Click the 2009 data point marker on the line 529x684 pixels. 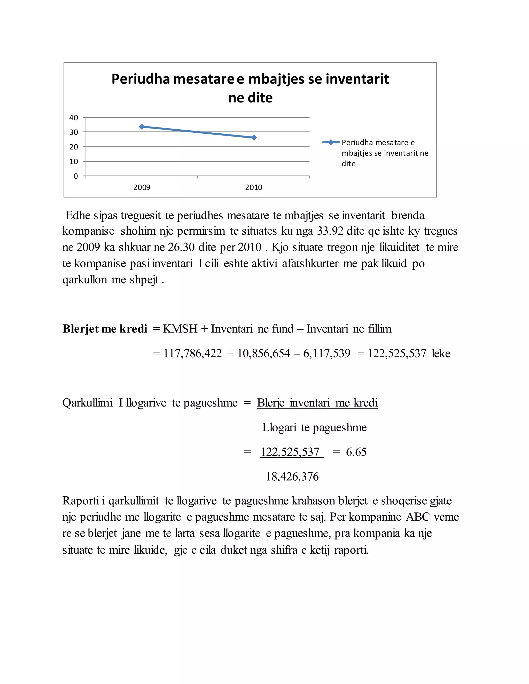tap(141, 126)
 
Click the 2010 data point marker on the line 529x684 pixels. tap(254, 138)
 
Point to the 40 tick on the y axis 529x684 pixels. tap(74, 118)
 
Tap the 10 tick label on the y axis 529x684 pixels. tap(74, 162)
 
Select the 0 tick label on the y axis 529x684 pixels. tap(75, 176)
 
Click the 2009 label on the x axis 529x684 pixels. tap(142, 188)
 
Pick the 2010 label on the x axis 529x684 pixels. tap(254, 188)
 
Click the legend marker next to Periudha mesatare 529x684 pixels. tap(331, 142)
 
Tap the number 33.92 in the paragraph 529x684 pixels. tap(330, 231)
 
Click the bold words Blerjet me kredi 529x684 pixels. tap(105, 329)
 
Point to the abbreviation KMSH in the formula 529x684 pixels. tap(180, 329)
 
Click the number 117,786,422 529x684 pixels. tap(192, 354)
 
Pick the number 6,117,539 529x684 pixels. tap(326, 354)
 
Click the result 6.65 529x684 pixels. tap(356, 452)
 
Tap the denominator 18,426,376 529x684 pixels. tap(292, 477)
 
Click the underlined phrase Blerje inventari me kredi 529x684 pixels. tap(317, 403)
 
